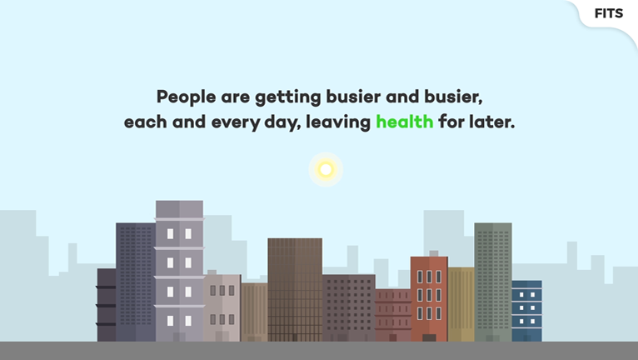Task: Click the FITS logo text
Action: tap(609, 13)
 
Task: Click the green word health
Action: tap(405, 122)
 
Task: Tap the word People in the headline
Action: tap(186, 97)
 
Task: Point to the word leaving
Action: tap(338, 122)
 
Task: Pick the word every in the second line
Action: tap(236, 122)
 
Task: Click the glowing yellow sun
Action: tap(326, 169)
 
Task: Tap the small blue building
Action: tap(526, 311)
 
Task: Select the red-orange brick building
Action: tap(429, 299)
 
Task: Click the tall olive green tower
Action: tap(493, 282)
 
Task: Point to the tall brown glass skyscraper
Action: tap(295, 289)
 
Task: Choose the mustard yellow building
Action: tap(461, 304)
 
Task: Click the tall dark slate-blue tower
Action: tap(136, 282)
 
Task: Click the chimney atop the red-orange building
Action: tap(434, 253)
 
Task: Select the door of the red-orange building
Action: tap(429, 337)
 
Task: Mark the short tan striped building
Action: tap(254, 312)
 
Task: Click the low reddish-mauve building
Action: tap(393, 315)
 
